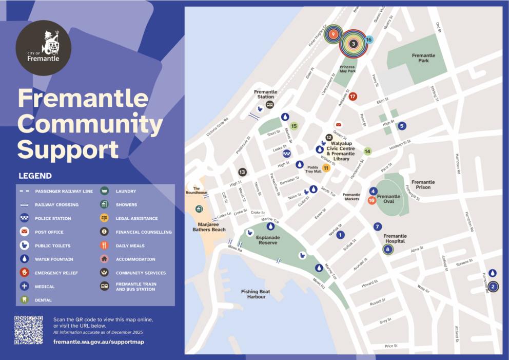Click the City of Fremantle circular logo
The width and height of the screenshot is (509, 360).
coord(44,48)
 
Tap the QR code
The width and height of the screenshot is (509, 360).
coord(28,329)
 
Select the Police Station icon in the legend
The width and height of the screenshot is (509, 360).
coord(24,218)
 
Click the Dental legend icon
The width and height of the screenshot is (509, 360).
coord(24,300)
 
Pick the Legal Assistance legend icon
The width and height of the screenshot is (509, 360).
coord(104,218)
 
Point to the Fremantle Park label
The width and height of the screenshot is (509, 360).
coord(423,58)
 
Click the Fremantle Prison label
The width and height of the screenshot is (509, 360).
coord(423,184)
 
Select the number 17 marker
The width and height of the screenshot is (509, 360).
coord(353,96)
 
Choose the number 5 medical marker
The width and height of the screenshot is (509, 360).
coord(402,126)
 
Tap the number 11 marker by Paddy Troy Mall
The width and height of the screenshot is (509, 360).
coord(326,168)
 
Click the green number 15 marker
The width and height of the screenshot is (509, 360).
coord(294,126)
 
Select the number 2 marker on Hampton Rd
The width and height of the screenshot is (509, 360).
coord(493,287)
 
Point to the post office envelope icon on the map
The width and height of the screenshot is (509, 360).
coord(338,125)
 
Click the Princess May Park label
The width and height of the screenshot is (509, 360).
coord(347,69)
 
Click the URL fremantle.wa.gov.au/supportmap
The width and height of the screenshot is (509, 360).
coord(99,342)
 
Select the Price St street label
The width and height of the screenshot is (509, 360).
coord(391,346)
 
